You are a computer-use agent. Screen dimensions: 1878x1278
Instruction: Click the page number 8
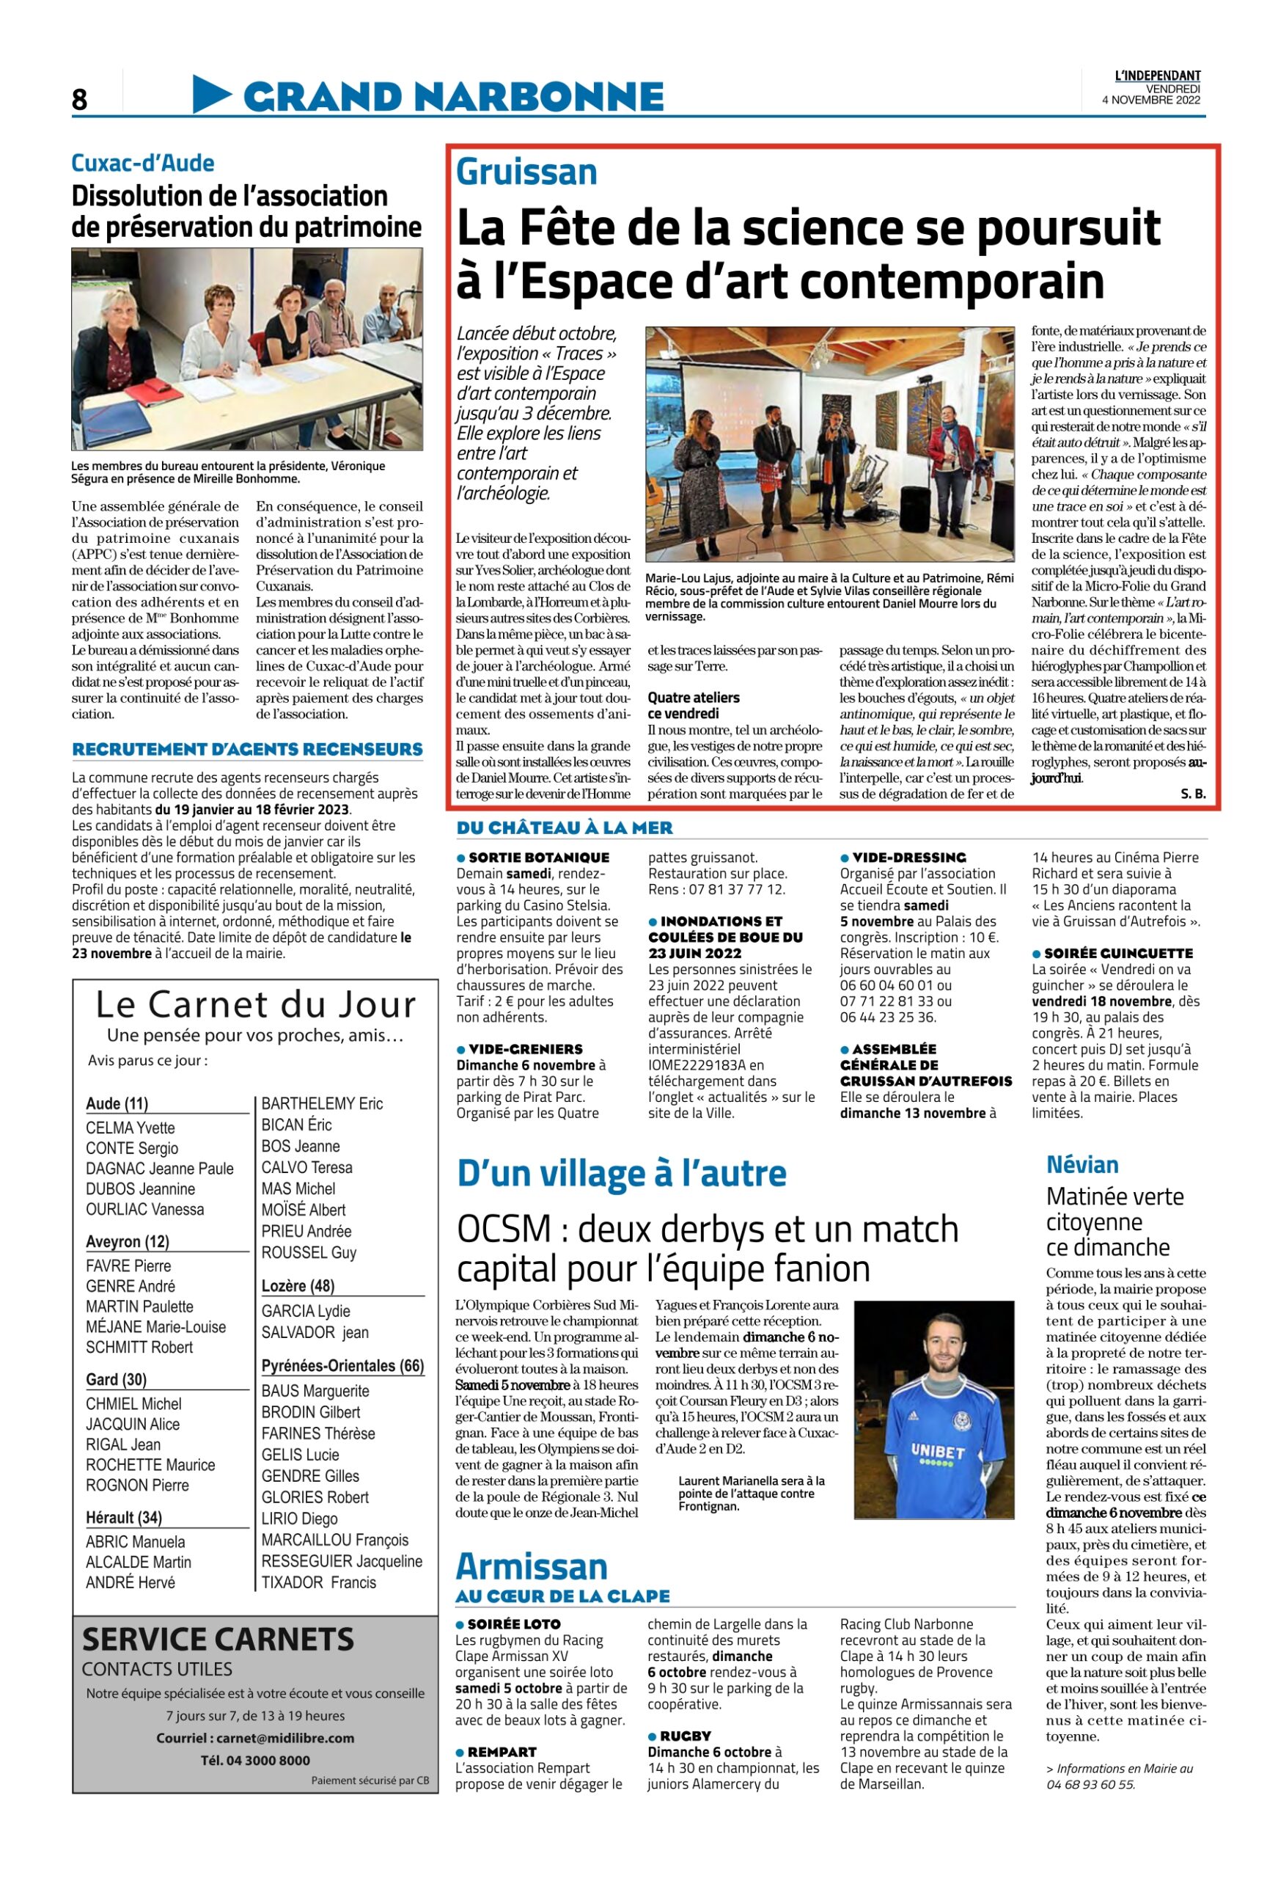79,99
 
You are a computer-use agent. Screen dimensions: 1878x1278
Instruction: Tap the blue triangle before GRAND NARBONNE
211,94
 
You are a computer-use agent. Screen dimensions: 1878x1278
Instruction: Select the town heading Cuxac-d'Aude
143,164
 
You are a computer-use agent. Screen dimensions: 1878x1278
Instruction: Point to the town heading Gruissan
526,172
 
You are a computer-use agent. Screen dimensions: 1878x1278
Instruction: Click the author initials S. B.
1192,794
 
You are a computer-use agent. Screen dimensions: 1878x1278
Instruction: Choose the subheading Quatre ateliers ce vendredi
693,706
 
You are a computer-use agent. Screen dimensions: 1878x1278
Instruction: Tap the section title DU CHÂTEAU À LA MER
564,827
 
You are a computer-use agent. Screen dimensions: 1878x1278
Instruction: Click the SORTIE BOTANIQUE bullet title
538,858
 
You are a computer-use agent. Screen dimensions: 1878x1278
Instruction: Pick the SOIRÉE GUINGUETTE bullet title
1106,954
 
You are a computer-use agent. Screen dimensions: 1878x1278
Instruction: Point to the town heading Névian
1081,1164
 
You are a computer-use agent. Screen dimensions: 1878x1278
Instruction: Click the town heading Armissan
531,1567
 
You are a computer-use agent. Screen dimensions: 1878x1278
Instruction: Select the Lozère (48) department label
297,1286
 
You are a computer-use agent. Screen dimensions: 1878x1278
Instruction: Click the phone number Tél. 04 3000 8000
255,1761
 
